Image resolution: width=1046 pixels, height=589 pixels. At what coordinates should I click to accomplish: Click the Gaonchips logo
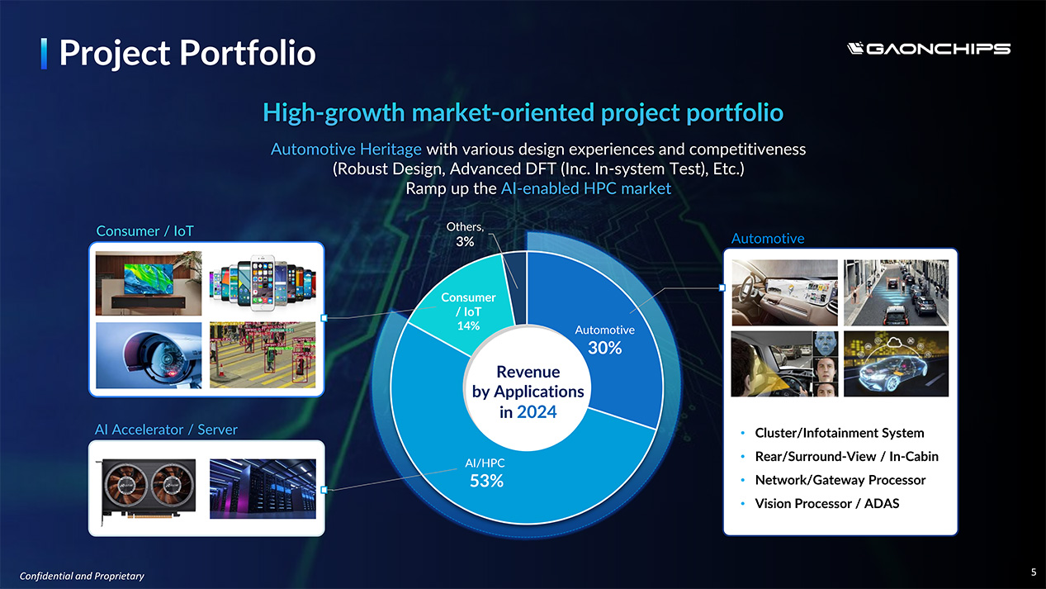point(928,49)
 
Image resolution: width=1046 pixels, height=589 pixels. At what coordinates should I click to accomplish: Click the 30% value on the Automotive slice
point(604,348)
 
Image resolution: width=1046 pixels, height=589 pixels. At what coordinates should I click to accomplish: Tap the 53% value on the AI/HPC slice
point(486,481)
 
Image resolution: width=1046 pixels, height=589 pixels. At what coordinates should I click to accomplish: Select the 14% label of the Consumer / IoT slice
point(468,325)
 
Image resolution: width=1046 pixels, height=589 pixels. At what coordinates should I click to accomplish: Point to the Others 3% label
point(465,235)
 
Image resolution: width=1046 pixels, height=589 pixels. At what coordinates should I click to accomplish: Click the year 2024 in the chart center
point(537,412)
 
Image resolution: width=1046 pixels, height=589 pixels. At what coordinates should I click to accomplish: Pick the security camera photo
point(149,355)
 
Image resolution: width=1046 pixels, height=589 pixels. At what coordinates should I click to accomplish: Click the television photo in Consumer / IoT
point(149,283)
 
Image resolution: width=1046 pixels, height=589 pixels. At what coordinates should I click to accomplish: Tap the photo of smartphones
point(263,283)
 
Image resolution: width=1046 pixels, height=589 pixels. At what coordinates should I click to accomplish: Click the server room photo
point(263,488)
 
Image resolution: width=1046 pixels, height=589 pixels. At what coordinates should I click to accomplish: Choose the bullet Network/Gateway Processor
point(840,480)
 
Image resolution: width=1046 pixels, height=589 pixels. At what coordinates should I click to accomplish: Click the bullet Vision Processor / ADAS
point(827,504)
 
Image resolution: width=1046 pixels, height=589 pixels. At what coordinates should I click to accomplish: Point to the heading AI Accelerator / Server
point(166,430)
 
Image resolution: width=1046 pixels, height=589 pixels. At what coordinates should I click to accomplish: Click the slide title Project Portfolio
point(187,53)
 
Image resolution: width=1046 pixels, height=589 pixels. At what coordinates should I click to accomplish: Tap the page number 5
point(1034,572)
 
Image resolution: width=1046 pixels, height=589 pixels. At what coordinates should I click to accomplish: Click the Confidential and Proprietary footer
point(82,576)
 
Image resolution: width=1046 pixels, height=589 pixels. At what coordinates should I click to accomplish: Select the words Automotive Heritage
point(346,149)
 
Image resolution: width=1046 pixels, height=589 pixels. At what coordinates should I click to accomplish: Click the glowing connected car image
point(896,363)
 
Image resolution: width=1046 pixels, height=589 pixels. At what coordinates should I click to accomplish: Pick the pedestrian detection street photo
point(263,355)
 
